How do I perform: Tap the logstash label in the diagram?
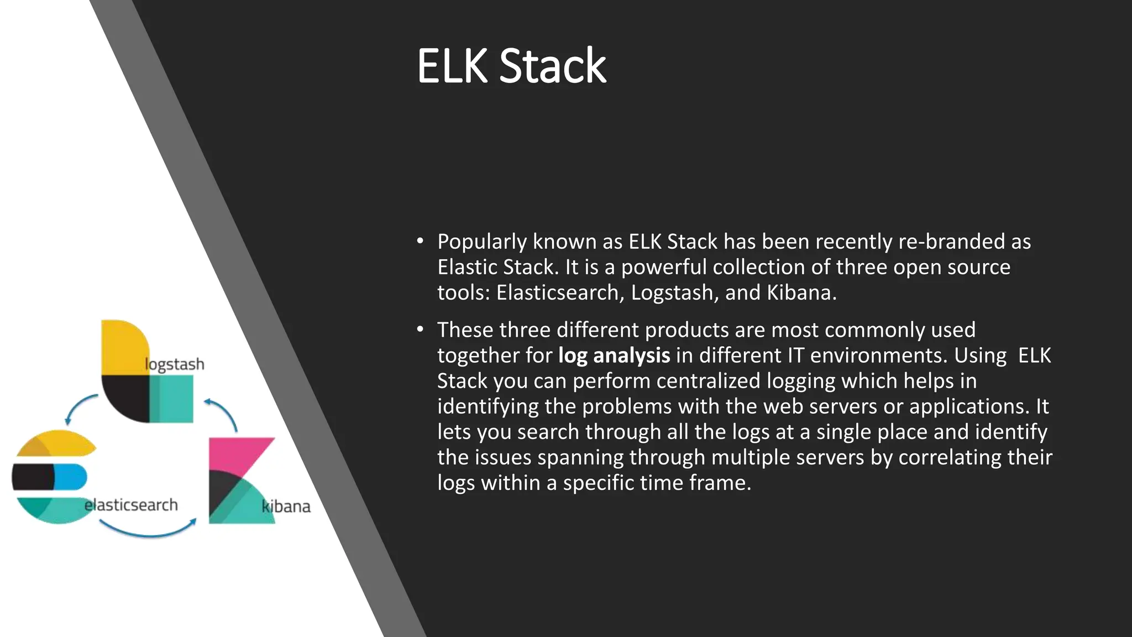(x=175, y=364)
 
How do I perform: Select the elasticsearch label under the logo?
(x=131, y=505)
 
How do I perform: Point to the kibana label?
(x=286, y=507)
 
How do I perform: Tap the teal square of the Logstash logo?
(x=172, y=399)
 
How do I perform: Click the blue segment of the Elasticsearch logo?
(x=71, y=477)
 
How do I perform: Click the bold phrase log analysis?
(x=614, y=356)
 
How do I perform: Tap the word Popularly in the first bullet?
(x=481, y=242)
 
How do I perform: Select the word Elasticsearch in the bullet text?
(x=560, y=293)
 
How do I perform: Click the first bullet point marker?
(x=420, y=241)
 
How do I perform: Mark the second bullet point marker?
(x=420, y=330)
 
